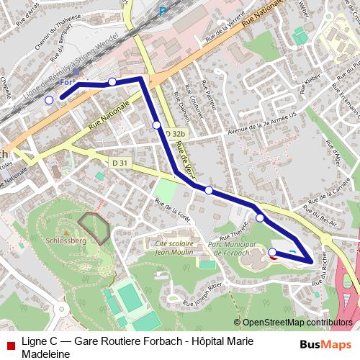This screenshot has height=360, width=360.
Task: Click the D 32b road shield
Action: coord(176,134)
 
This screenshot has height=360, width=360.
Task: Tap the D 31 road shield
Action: coord(120,163)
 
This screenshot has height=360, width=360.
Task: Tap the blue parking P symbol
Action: coord(163,11)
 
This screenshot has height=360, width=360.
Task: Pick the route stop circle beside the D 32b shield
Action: coord(156,125)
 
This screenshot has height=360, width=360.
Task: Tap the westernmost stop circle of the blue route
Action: coord(49,100)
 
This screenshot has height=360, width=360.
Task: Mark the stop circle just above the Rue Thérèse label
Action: coord(260,217)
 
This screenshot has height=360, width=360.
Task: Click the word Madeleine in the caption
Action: coord(45,354)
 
